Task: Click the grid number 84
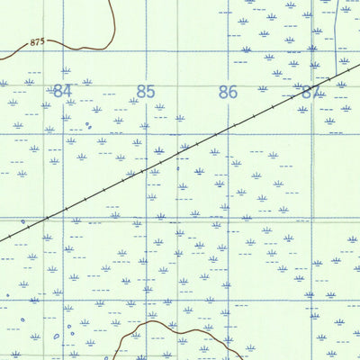click(61, 91)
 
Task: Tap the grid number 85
click(146, 91)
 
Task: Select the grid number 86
click(228, 91)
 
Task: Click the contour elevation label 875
click(37, 42)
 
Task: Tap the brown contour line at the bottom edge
click(171, 329)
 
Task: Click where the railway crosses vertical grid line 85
click(146, 168)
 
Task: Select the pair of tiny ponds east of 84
click(88, 126)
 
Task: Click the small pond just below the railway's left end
click(23, 221)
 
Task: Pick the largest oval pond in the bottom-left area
click(56, 337)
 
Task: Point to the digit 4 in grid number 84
click(66, 91)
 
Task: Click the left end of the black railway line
click(2, 238)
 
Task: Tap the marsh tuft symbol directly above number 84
click(65, 70)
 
